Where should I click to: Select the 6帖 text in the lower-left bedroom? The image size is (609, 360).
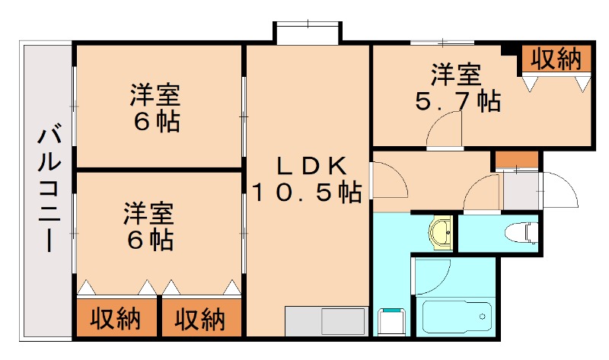pyautogui.click(x=150, y=240)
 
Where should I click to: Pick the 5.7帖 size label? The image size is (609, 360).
pyautogui.click(x=457, y=101)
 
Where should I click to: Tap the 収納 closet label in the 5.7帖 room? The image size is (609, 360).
pyautogui.click(x=556, y=59)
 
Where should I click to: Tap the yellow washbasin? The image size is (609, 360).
pyautogui.click(x=441, y=231)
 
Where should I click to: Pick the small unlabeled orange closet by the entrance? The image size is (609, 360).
pyautogui.click(x=516, y=161)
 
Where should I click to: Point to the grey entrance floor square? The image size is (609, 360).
pyautogui.click(x=520, y=190)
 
